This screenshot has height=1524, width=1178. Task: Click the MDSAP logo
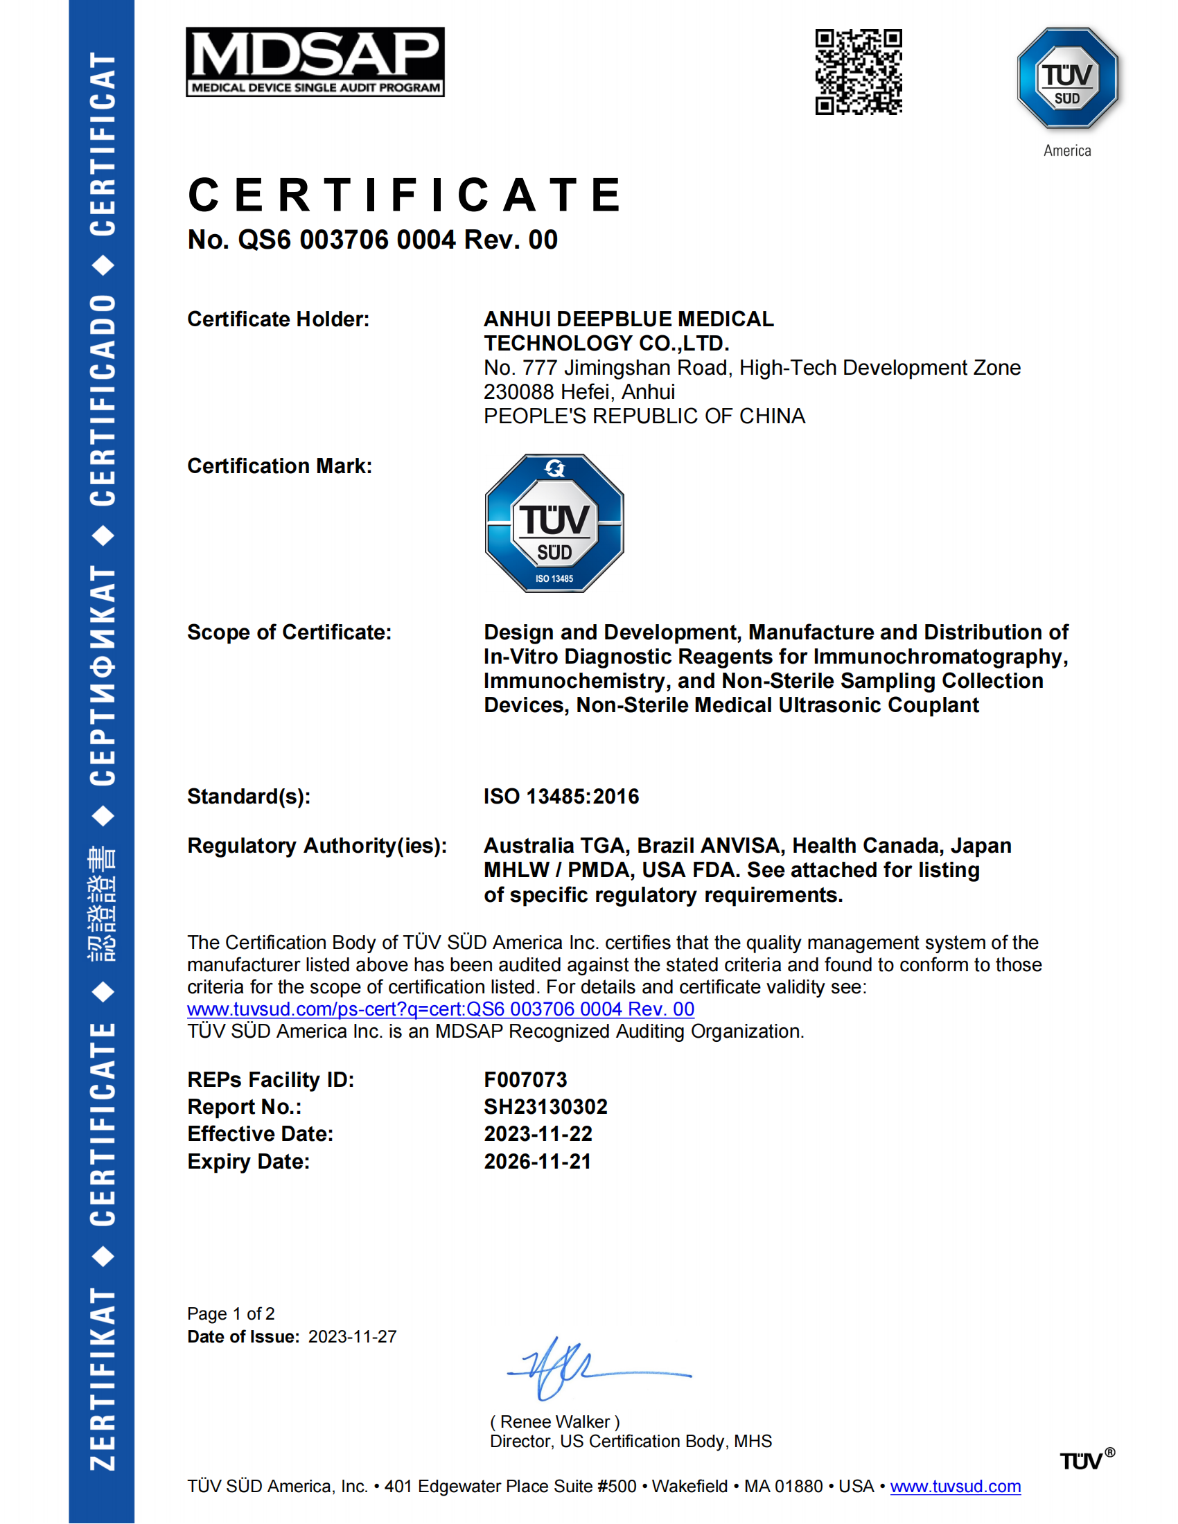pos(315,62)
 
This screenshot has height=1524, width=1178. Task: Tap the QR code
pos(859,72)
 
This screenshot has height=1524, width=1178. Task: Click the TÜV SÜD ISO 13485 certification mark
pos(554,523)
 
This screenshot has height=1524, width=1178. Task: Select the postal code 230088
pos(516,392)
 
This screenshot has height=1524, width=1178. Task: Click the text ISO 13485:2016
pos(561,797)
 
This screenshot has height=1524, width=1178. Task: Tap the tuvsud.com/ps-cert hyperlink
pos(440,1010)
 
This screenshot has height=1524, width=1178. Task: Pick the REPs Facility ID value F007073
pos(525,1080)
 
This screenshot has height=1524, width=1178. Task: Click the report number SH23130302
pos(546,1108)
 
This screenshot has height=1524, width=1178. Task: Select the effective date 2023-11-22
pos(538,1135)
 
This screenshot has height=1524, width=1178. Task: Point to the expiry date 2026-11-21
pos(537,1162)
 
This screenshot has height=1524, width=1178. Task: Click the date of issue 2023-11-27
pos(353,1337)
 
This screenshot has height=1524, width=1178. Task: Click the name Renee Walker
pos(555,1422)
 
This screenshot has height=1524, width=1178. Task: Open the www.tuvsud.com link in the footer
pos(956,1487)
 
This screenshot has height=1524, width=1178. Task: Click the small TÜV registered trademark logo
pos(1086,1460)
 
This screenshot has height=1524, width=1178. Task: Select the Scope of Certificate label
pos(289,633)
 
